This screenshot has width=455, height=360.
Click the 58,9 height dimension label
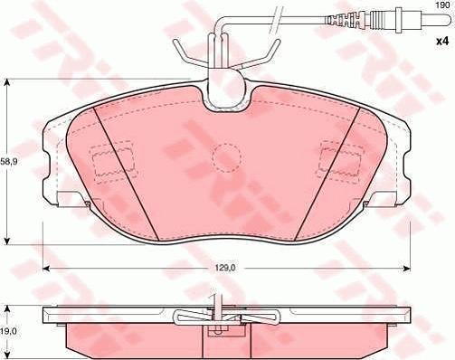pyautogui.click(x=8, y=162)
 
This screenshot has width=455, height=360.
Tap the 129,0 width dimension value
pyautogui.click(x=224, y=268)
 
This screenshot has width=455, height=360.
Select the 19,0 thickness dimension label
pyautogui.click(x=8, y=331)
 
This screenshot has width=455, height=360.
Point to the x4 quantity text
pyautogui.click(x=442, y=42)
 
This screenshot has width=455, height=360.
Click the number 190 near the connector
pyautogui.click(x=442, y=5)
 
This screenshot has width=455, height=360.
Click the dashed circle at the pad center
pyautogui.click(x=226, y=157)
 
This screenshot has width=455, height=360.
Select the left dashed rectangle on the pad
pyautogui.click(x=113, y=162)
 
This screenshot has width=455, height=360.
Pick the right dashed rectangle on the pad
pyautogui.click(x=340, y=161)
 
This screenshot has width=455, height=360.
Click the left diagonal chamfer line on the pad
pyautogui.click(x=126, y=174)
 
